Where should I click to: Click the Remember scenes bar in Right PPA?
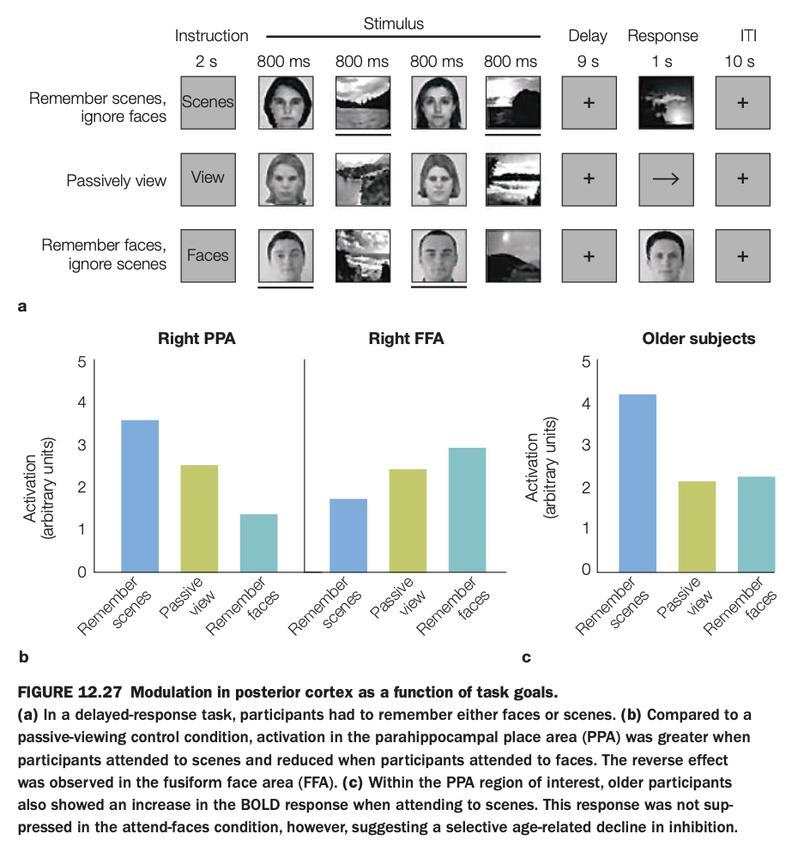pyautogui.click(x=140, y=496)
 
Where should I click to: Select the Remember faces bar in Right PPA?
pyautogui.click(x=259, y=543)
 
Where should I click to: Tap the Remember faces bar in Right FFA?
pyautogui.click(x=468, y=510)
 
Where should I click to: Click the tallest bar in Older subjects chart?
pyautogui.click(x=638, y=483)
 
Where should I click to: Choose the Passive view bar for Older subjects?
pyautogui.click(x=697, y=526)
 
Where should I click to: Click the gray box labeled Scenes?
pyautogui.click(x=208, y=102)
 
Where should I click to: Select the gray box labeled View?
pyautogui.click(x=208, y=178)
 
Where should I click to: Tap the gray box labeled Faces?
pyautogui.click(x=208, y=256)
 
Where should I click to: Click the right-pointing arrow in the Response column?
pyautogui.click(x=665, y=178)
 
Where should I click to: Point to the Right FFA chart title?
pyautogui.click(x=406, y=339)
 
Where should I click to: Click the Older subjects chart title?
pyautogui.click(x=698, y=339)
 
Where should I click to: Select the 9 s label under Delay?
pyautogui.click(x=588, y=62)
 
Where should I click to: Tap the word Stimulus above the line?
pyautogui.click(x=394, y=24)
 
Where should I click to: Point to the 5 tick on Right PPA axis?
pyautogui.click(x=82, y=362)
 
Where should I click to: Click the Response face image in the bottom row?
pyautogui.click(x=665, y=256)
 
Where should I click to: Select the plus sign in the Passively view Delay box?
pyautogui.click(x=589, y=178)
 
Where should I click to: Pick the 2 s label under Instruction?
pyautogui.click(x=207, y=62)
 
